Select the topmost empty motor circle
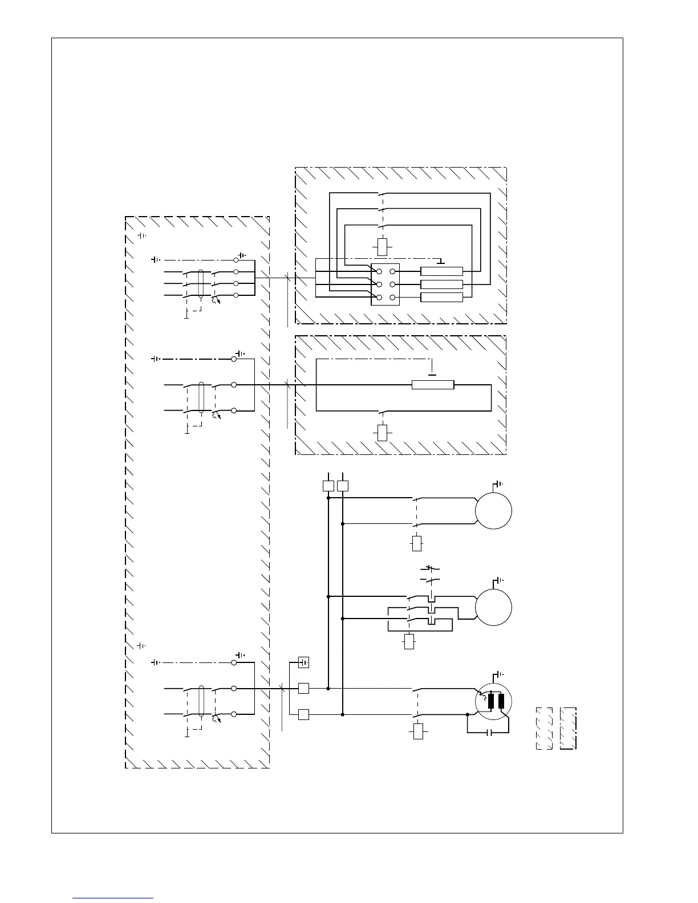[493, 511]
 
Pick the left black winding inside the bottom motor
[490, 701]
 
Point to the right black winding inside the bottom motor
[501, 701]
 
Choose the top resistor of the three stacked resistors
[441, 271]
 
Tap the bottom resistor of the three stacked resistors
[441, 297]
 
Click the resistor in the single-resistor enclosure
[433, 385]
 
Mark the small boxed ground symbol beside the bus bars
[304, 662]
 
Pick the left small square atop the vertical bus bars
[328, 486]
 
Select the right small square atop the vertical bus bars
[343, 486]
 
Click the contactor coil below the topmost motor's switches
[417, 543]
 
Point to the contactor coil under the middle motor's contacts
[409, 641]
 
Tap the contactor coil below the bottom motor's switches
[419, 731]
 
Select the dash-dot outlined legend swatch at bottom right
[569, 728]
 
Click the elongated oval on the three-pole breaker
[201, 284]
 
